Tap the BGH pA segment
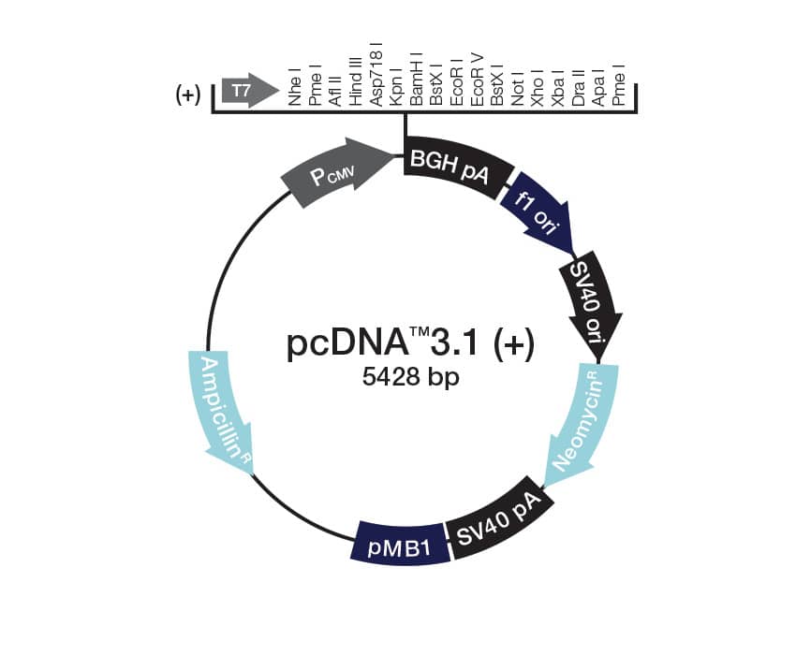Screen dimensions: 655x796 455,167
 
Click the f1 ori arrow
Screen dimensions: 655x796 539,216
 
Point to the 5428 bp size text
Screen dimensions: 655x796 410,380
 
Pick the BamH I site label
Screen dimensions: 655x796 418,82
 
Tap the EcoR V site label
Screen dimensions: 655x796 478,82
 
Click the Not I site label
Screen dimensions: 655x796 518,88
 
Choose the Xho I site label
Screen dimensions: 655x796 538,88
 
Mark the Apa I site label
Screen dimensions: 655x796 598,88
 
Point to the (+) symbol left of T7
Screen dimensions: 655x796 188,95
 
